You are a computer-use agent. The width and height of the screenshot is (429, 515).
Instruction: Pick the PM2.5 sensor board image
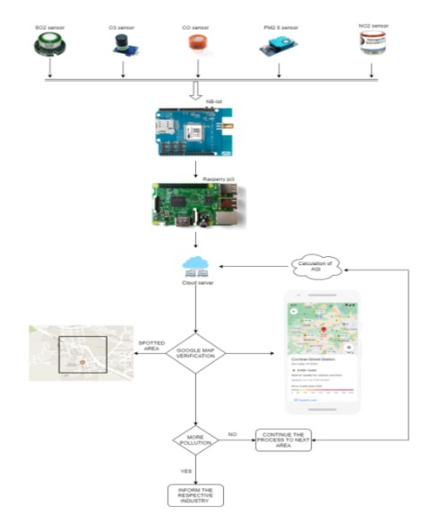click(x=273, y=50)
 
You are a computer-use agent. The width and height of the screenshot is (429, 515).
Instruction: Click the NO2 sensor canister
click(x=373, y=48)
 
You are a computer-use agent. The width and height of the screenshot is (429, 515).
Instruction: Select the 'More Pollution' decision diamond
click(x=196, y=440)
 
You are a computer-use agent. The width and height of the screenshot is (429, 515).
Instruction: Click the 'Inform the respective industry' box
click(x=195, y=493)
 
